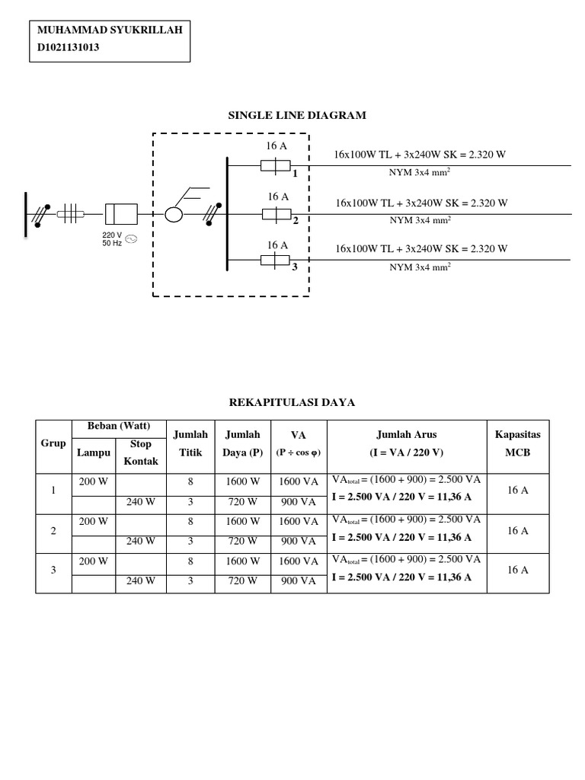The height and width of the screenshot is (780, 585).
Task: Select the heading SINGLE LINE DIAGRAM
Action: tap(297, 116)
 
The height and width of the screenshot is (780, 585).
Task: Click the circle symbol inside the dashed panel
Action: tap(174, 214)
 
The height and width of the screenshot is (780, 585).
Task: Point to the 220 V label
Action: tap(112, 235)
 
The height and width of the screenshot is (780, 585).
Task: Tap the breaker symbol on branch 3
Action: tap(273, 261)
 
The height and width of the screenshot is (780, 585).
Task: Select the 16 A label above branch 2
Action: tap(277, 197)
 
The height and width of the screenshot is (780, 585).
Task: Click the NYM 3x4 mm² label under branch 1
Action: tap(420, 172)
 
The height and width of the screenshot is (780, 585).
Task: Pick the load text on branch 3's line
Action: tap(421, 249)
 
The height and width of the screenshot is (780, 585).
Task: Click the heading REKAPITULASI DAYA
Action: tap(292, 402)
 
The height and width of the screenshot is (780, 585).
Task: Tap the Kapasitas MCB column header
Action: tap(517, 443)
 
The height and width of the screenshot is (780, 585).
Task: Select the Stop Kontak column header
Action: tap(141, 452)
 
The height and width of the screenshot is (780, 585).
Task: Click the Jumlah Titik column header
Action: tap(190, 443)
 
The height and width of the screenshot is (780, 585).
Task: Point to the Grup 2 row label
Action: tap(53, 531)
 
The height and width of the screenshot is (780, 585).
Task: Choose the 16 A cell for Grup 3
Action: tap(517, 570)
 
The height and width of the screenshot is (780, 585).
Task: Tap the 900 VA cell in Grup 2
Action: tap(299, 541)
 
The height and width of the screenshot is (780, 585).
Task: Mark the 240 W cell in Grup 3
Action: tap(141, 580)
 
